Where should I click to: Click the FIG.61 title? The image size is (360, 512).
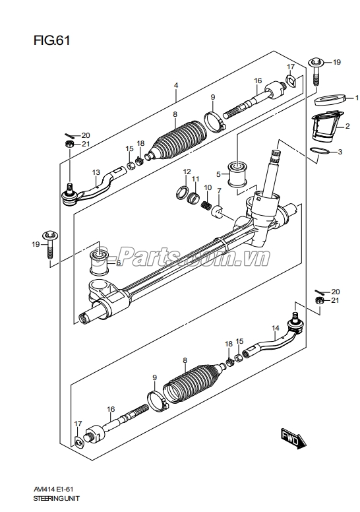point(51,40)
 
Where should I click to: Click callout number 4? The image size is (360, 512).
point(176,86)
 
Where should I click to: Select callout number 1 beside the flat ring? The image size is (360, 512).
point(356,98)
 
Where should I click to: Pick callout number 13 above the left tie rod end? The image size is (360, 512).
point(96,172)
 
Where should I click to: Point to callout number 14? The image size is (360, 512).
point(276,328)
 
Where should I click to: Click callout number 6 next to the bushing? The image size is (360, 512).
point(118,262)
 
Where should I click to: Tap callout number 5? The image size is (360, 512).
point(218,174)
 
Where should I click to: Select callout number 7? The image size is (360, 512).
point(219,191)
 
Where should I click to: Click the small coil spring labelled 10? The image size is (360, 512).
point(206,206)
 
